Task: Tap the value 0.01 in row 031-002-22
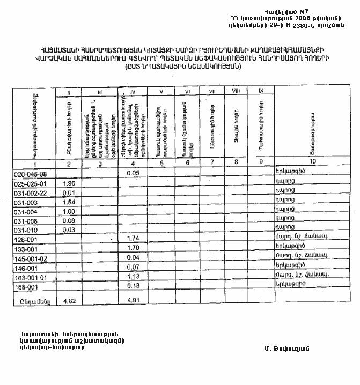coord(68,193)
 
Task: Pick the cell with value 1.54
coord(68,203)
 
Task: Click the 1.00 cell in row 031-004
coord(68,212)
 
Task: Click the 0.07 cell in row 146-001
coord(133,266)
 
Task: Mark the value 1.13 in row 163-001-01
coord(133,276)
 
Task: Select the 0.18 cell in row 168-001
coord(133,286)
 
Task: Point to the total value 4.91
coord(133,301)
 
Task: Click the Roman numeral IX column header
coord(260,92)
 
